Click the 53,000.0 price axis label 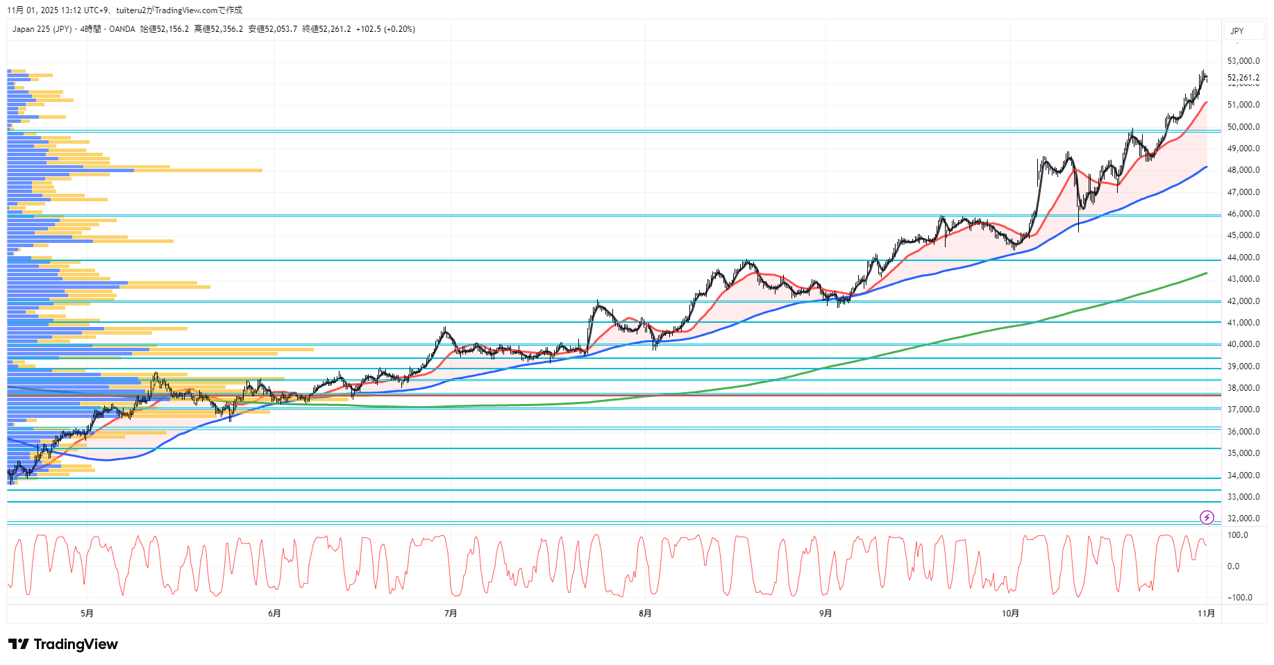pos(1243,61)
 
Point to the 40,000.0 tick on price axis pos(1243,344)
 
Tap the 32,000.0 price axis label pos(1243,519)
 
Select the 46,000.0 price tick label pos(1243,214)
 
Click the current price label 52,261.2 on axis pos(1243,78)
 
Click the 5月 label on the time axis pos(87,613)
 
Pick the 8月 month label pos(645,613)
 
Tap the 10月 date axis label pos(1010,613)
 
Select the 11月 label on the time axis pos(1207,613)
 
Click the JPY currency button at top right pos(1237,31)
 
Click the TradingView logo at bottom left pos(63,644)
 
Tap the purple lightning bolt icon pos(1207,517)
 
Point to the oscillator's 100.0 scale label pos(1238,535)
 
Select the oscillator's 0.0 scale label pos(1233,566)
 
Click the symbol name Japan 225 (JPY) pos(42,29)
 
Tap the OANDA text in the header pos(122,29)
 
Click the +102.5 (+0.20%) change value pos(385,29)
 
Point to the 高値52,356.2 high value pos(219,29)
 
